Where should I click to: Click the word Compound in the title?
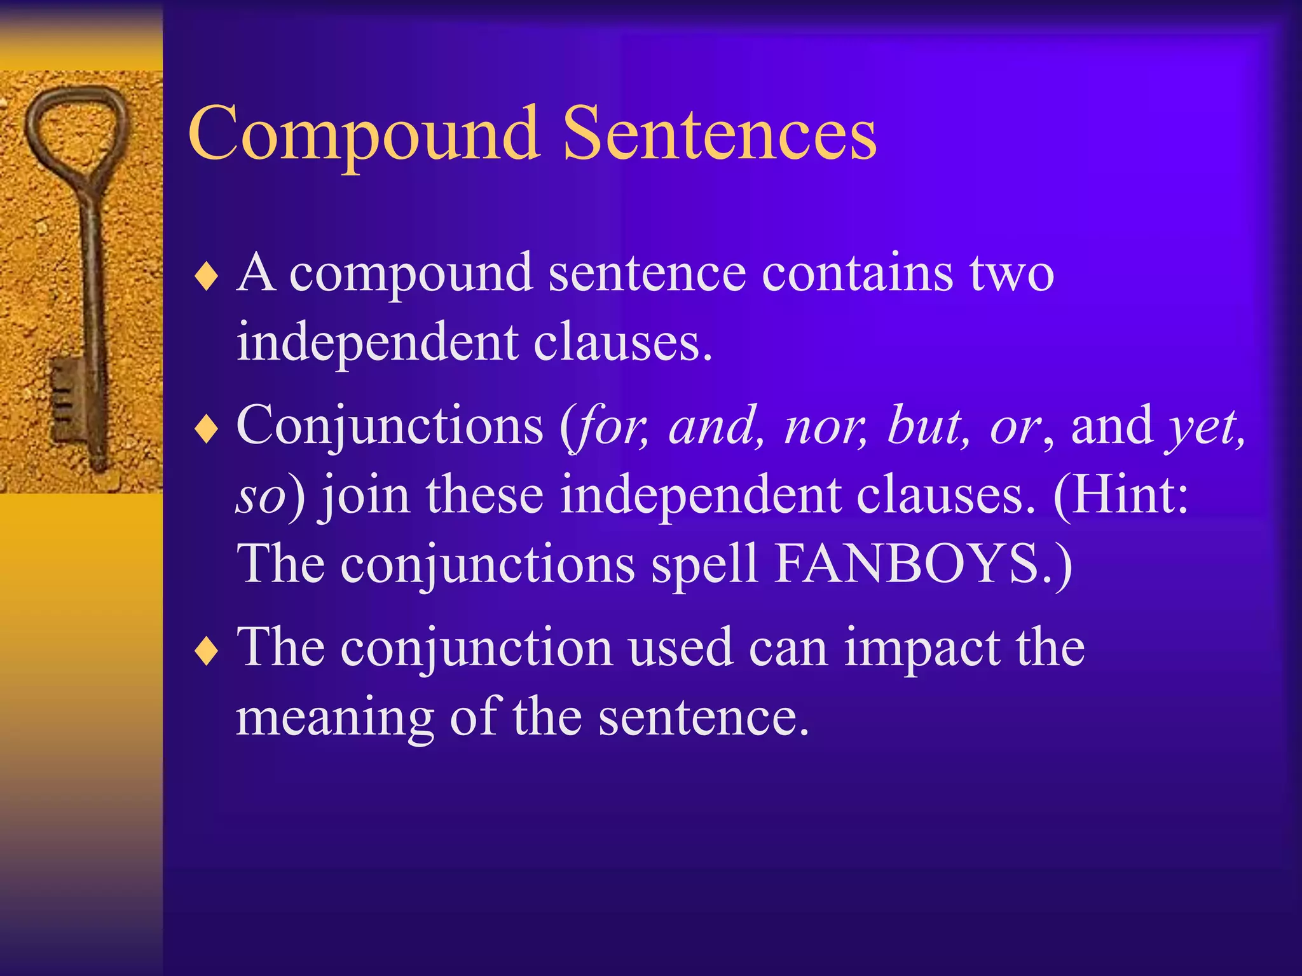tap(364, 135)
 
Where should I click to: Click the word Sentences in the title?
tap(720, 135)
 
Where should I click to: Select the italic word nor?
tap(825, 426)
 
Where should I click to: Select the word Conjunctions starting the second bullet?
tap(390, 426)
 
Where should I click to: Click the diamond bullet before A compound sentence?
tap(207, 278)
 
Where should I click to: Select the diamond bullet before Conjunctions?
tap(207, 431)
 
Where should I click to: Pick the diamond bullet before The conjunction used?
tap(207, 652)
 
